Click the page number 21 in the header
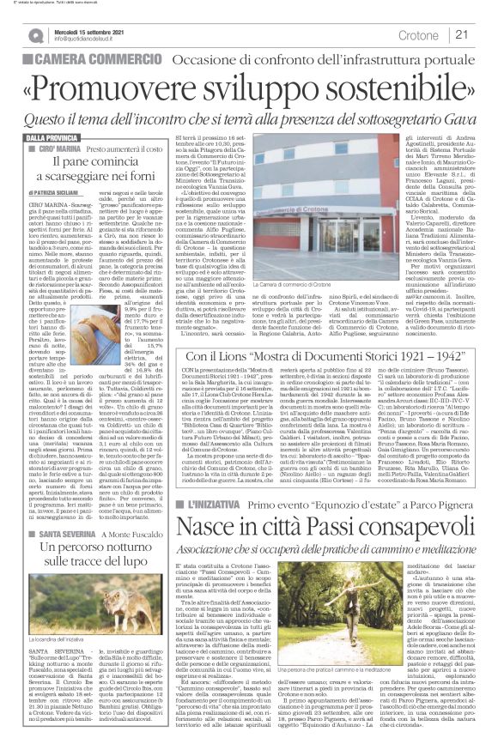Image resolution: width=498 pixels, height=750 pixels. (460, 35)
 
